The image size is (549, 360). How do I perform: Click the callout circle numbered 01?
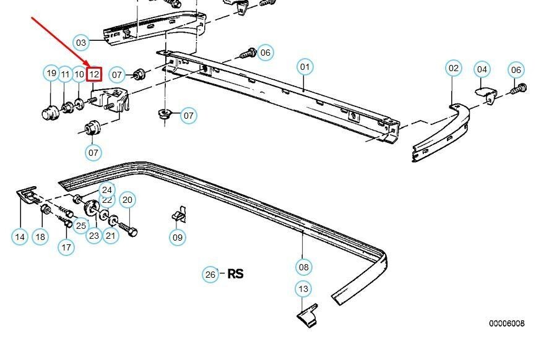pyautogui.click(x=305, y=67)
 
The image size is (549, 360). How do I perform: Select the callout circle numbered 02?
pyautogui.click(x=454, y=68)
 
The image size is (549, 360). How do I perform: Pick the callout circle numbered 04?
pyautogui.click(x=482, y=70)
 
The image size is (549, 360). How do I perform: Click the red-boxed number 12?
pyautogui.click(x=94, y=74)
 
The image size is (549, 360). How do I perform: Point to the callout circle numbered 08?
pyautogui.click(x=303, y=267)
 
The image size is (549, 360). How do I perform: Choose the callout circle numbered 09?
pyautogui.click(x=178, y=236)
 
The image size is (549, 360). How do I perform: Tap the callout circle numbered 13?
pyautogui.click(x=303, y=289)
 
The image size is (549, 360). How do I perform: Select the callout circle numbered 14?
pyautogui.click(x=20, y=236)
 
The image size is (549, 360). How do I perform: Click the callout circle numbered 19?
pyautogui.click(x=51, y=74)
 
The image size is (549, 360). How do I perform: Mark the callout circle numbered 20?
pyautogui.click(x=128, y=199)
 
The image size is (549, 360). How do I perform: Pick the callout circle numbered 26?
pyautogui.click(x=210, y=274)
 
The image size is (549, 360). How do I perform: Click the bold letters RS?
pyautogui.click(x=236, y=273)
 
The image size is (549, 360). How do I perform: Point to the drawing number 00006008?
pyautogui.click(x=506, y=323)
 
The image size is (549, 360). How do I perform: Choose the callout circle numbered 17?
pyautogui.click(x=66, y=247)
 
